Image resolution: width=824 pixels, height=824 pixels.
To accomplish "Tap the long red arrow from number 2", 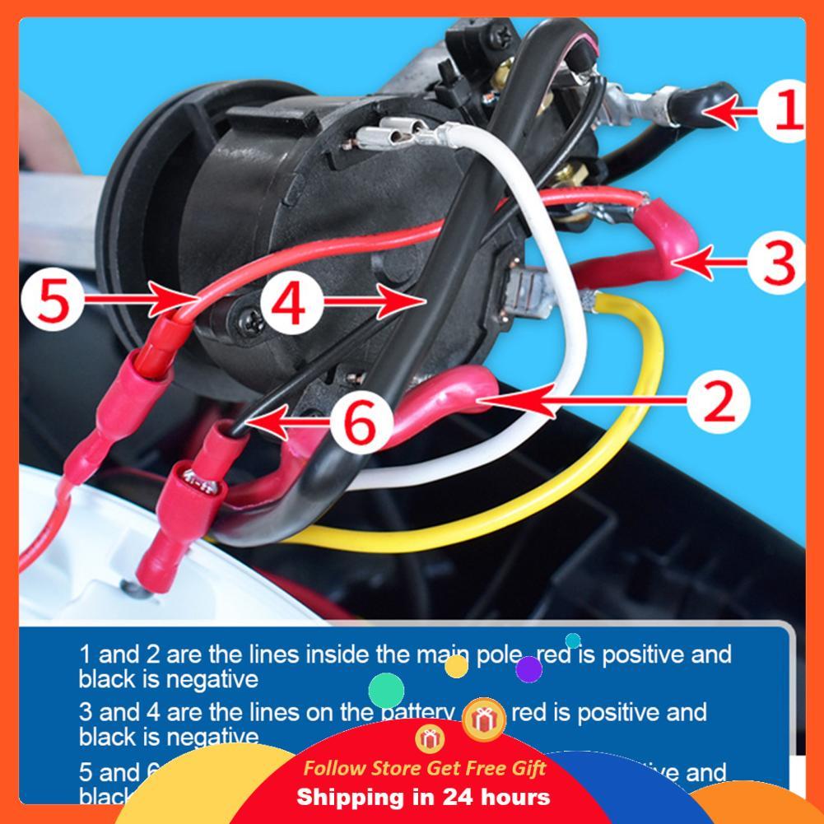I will (x=576, y=402).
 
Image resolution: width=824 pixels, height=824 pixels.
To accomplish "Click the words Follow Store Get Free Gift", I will (x=424, y=768).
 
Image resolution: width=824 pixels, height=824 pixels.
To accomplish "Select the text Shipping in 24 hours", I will (x=423, y=797).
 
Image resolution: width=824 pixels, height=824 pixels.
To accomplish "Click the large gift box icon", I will (x=484, y=719).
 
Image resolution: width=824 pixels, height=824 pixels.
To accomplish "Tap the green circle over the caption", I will (x=386, y=690).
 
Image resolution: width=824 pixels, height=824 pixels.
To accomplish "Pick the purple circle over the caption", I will (x=528, y=669).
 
